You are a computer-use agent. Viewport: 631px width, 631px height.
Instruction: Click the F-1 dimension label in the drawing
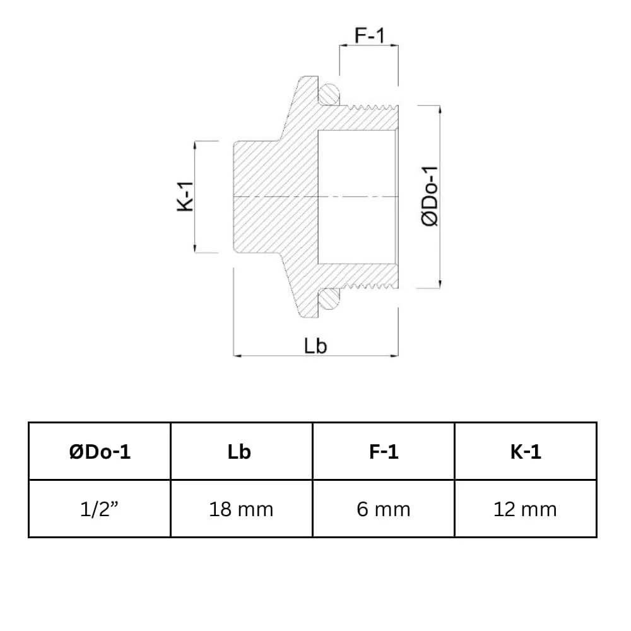[x=369, y=36]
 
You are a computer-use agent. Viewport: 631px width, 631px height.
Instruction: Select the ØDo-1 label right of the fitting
[x=431, y=197]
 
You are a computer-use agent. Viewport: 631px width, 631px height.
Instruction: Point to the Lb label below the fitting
[x=315, y=346]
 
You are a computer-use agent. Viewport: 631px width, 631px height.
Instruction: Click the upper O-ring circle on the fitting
[x=328, y=95]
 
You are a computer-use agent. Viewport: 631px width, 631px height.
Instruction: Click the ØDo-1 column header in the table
[x=100, y=451]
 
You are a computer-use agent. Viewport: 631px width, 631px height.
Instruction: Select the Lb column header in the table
[x=241, y=451]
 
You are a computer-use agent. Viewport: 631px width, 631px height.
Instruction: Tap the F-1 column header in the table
[x=383, y=451]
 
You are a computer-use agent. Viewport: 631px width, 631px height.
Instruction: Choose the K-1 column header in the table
[x=525, y=451]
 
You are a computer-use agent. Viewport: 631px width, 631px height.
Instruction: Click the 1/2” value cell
[x=100, y=509]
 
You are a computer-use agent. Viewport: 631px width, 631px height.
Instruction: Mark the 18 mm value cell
[x=241, y=509]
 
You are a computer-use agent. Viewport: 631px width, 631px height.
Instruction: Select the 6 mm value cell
[x=383, y=509]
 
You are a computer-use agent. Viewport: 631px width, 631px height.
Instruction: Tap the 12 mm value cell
[x=525, y=509]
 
